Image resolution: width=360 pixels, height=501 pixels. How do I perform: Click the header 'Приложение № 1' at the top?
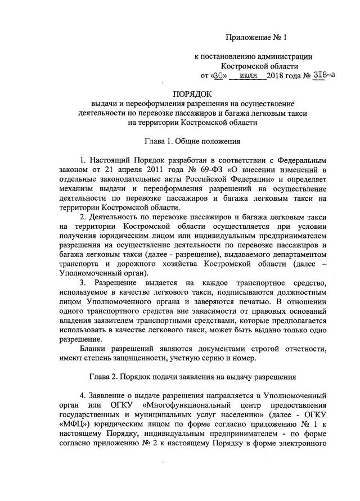pyautogui.click(x=256, y=38)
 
